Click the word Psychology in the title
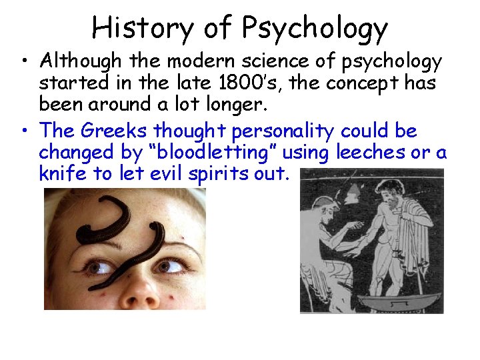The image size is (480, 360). coord(315,29)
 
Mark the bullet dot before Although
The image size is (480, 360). coord(25,62)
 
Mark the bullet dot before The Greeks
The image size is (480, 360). coord(25,130)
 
